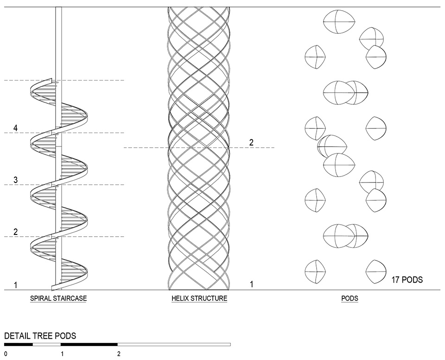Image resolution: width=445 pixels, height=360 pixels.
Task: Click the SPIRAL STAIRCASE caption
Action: (58, 298)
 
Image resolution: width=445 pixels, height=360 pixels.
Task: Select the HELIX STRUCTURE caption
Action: (199, 298)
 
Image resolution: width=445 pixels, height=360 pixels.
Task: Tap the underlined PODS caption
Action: (350, 298)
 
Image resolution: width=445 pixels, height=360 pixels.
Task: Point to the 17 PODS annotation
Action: (407, 280)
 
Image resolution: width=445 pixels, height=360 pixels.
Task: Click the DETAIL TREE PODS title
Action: (40, 336)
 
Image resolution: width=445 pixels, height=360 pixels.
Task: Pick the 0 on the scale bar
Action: (6, 354)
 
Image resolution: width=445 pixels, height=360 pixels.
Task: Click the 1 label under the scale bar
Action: (62, 354)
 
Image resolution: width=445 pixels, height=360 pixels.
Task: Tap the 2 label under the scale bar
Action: (119, 354)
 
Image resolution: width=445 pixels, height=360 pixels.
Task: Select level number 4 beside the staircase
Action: (16, 128)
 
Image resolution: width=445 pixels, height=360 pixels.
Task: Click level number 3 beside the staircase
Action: (16, 180)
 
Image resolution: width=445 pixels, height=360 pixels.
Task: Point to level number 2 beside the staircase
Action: (16, 232)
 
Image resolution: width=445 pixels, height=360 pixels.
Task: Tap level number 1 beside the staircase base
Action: (16, 285)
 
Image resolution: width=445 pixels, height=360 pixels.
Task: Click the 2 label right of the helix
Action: (251, 142)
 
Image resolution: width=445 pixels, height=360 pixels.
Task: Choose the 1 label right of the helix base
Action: (251, 284)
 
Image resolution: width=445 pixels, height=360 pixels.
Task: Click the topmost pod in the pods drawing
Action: (339, 22)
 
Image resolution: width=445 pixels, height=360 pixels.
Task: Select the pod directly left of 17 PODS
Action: (376, 272)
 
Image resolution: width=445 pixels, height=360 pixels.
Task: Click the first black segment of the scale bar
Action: (19, 344)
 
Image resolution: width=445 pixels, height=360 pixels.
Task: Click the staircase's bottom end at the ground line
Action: (53, 287)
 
